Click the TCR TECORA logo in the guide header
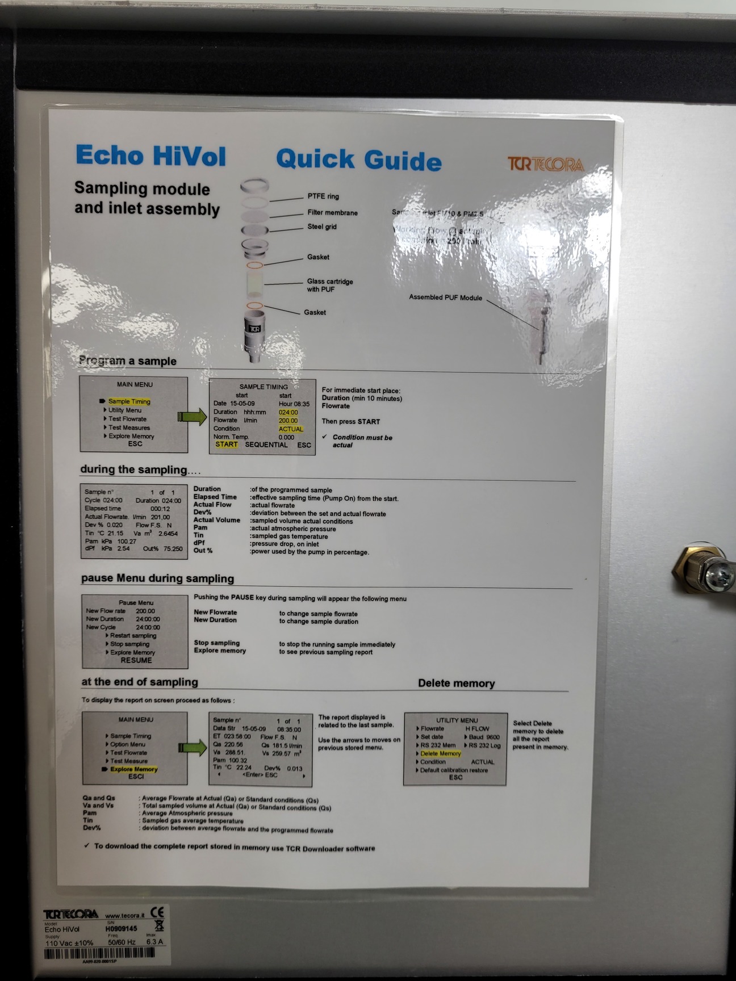[545, 165]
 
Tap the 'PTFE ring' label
[323, 196]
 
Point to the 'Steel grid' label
[322, 227]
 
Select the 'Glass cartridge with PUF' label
[330, 286]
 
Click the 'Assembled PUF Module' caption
[445, 297]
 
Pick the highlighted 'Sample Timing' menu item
[129, 401]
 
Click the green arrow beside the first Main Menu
[192, 417]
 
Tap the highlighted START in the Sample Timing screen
[227, 445]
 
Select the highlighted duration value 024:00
[288, 412]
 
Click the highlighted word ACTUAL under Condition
[291, 429]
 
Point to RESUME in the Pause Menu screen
[136, 660]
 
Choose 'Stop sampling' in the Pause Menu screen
[129, 644]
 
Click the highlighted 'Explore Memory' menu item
[133, 769]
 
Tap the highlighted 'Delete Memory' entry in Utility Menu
[441, 753]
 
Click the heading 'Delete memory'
[456, 684]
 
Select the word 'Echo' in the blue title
[108, 156]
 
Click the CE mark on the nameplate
[157, 912]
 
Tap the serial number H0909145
[121, 929]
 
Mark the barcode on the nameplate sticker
[107, 954]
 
